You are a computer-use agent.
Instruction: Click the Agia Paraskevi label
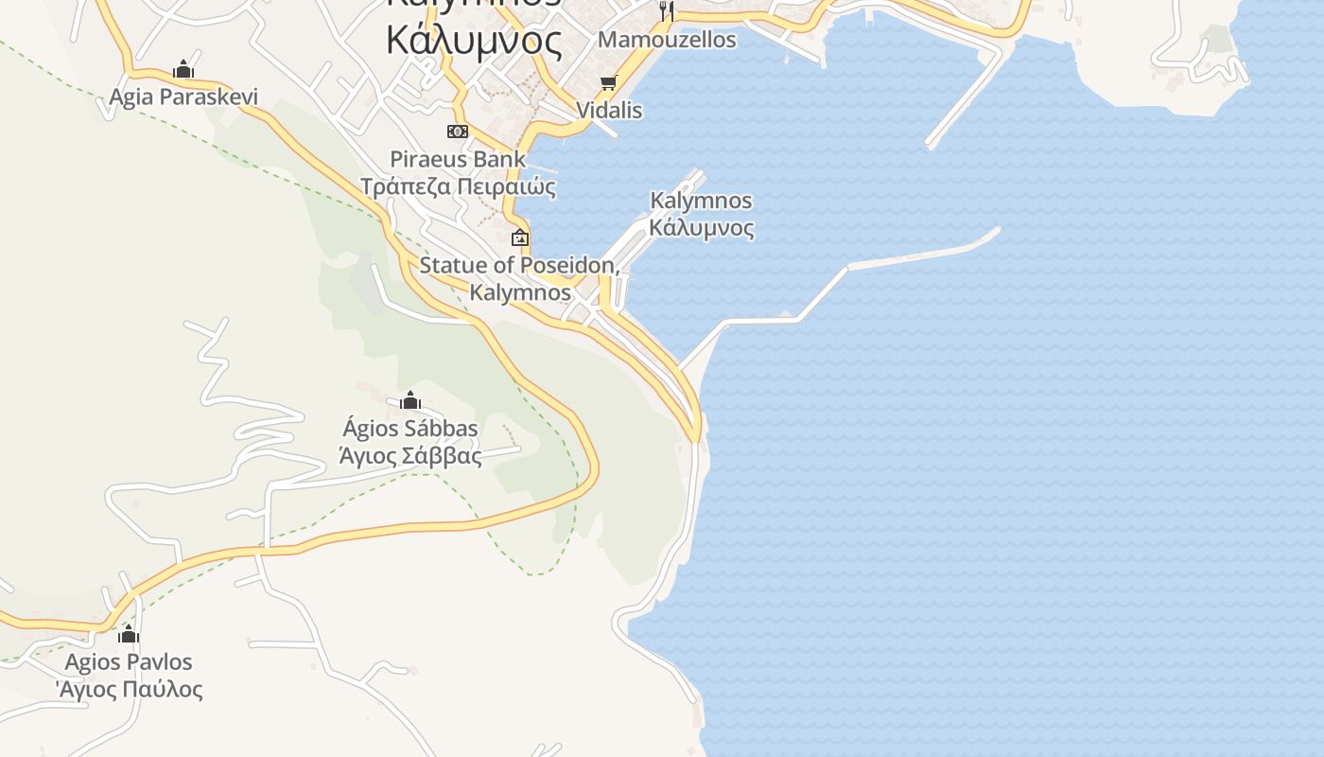(183, 97)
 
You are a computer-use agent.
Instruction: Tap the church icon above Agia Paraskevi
(183, 70)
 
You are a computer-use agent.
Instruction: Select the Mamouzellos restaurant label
(667, 40)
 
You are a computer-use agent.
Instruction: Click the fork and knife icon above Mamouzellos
(667, 10)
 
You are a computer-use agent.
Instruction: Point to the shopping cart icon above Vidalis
(608, 83)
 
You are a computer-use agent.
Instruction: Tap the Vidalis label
(609, 110)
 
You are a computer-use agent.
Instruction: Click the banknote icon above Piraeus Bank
(458, 132)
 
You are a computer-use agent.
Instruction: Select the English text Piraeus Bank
(458, 158)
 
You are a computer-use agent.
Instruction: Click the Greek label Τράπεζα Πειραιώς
(458, 185)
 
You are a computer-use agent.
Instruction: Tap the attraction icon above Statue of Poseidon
(519, 238)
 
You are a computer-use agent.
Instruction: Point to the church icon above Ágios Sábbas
(409, 401)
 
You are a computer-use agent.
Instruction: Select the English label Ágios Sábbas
(409, 429)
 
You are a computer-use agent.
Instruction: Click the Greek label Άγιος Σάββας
(409, 455)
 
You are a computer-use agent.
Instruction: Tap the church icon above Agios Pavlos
(129, 634)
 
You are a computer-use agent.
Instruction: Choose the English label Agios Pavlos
(129, 661)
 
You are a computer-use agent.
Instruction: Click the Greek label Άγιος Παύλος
(129, 688)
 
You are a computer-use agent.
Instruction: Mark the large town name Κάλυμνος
(474, 40)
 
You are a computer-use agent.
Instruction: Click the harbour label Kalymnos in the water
(701, 201)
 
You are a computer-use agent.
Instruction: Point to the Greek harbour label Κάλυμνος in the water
(701, 227)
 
